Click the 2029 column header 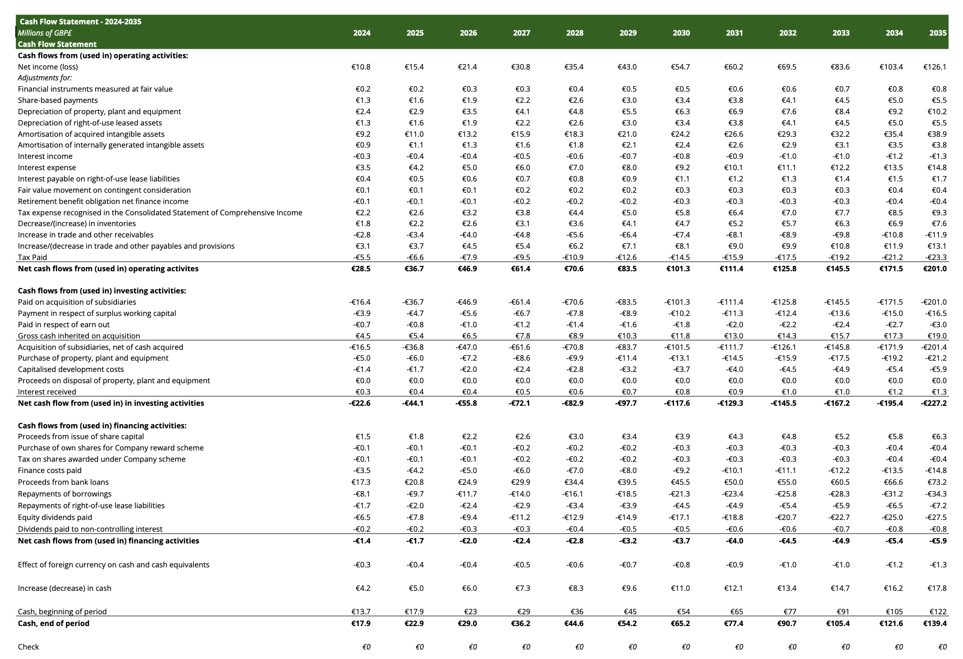click(628, 33)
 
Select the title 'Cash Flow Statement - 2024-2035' click(80, 22)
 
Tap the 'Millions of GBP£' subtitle click(45, 33)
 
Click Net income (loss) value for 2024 click(361, 67)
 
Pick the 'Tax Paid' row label click(32, 257)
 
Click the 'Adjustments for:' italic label click(45, 78)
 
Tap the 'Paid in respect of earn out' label click(64, 325)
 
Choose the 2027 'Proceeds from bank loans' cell click(520, 482)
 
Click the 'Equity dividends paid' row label click(55, 517)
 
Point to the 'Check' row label click(28, 647)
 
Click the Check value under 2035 click(942, 647)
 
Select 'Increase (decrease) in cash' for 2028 click(574, 588)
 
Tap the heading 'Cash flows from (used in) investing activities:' click(102, 291)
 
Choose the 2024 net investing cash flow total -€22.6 click(360, 403)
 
